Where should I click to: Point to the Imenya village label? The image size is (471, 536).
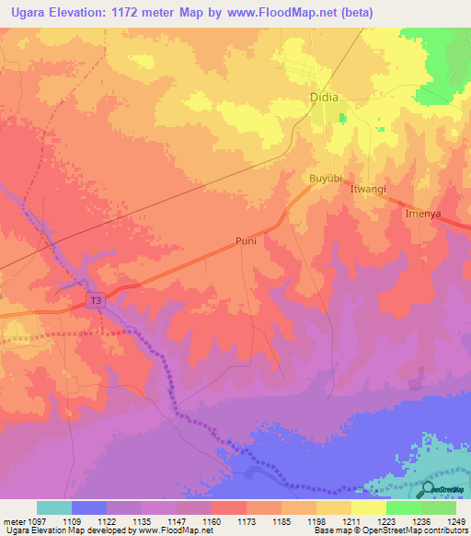pos(424,213)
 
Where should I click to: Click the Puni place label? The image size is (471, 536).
pos(246,242)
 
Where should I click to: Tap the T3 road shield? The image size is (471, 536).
pos(97,300)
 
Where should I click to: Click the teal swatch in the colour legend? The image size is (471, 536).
pos(54,507)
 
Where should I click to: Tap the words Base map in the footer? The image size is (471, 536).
pos(329,530)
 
